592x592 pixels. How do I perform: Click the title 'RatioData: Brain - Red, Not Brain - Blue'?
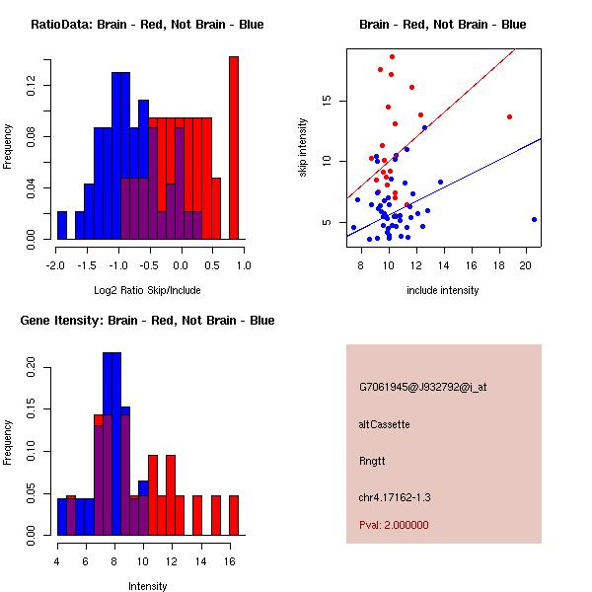[x=147, y=25]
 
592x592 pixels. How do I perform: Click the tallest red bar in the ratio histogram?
[x=234, y=148]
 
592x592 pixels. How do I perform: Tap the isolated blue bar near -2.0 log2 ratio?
[x=62, y=225]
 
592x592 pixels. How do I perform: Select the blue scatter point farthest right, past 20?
[x=534, y=219]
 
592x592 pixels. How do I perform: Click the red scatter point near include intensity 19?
[x=509, y=116]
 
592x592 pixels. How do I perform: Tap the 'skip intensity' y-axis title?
[x=303, y=148]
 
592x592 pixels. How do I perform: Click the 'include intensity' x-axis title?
[x=443, y=290]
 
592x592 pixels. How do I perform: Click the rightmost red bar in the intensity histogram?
[x=234, y=514]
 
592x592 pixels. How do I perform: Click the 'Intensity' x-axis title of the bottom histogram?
[x=147, y=586]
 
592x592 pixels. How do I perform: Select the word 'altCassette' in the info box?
[x=384, y=424]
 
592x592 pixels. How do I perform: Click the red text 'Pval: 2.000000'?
[x=394, y=525]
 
